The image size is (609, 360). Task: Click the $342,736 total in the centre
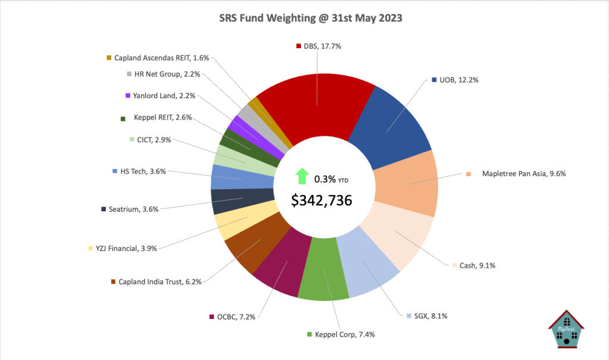coord(322,201)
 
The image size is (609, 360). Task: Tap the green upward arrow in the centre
coord(302,177)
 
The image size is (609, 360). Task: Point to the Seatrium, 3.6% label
coord(136,209)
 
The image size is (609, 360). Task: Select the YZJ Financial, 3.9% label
coord(125,249)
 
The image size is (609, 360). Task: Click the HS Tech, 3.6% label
coord(142,171)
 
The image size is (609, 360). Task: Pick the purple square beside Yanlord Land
coord(128,96)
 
